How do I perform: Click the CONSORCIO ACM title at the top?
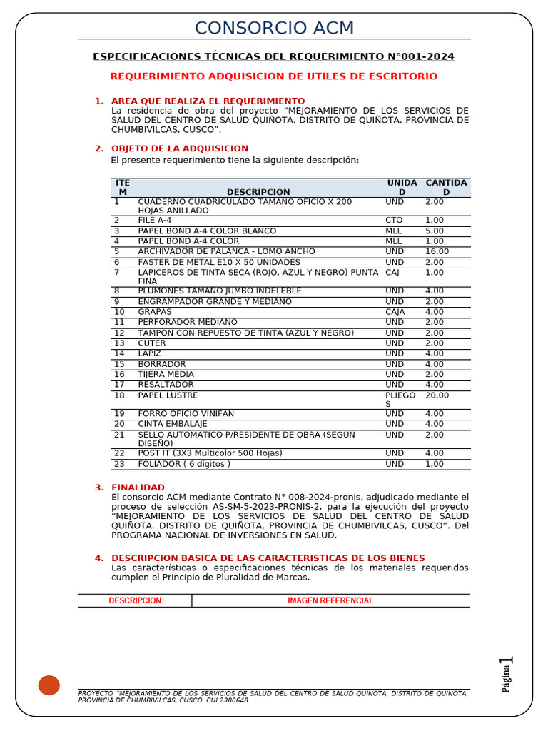(x=274, y=29)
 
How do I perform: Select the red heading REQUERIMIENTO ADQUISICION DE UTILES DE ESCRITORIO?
(x=274, y=76)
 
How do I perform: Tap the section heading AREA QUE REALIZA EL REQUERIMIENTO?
(x=208, y=101)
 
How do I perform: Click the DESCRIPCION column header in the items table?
(x=258, y=192)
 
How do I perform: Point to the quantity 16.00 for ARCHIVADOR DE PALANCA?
(x=437, y=252)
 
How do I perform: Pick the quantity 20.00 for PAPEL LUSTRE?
(x=437, y=395)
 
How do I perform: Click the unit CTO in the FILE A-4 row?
(x=394, y=221)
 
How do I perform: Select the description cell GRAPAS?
(x=155, y=312)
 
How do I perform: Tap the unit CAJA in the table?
(x=395, y=312)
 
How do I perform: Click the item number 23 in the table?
(x=119, y=464)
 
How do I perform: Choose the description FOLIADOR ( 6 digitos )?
(x=184, y=464)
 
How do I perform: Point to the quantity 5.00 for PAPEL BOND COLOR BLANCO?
(x=435, y=231)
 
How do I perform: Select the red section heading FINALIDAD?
(x=138, y=488)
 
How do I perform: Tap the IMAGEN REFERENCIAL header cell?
(x=330, y=600)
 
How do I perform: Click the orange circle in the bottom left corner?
(x=49, y=685)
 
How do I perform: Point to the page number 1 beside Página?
(x=509, y=665)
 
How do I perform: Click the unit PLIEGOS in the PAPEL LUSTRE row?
(x=400, y=400)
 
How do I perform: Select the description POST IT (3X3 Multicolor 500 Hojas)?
(x=210, y=453)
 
